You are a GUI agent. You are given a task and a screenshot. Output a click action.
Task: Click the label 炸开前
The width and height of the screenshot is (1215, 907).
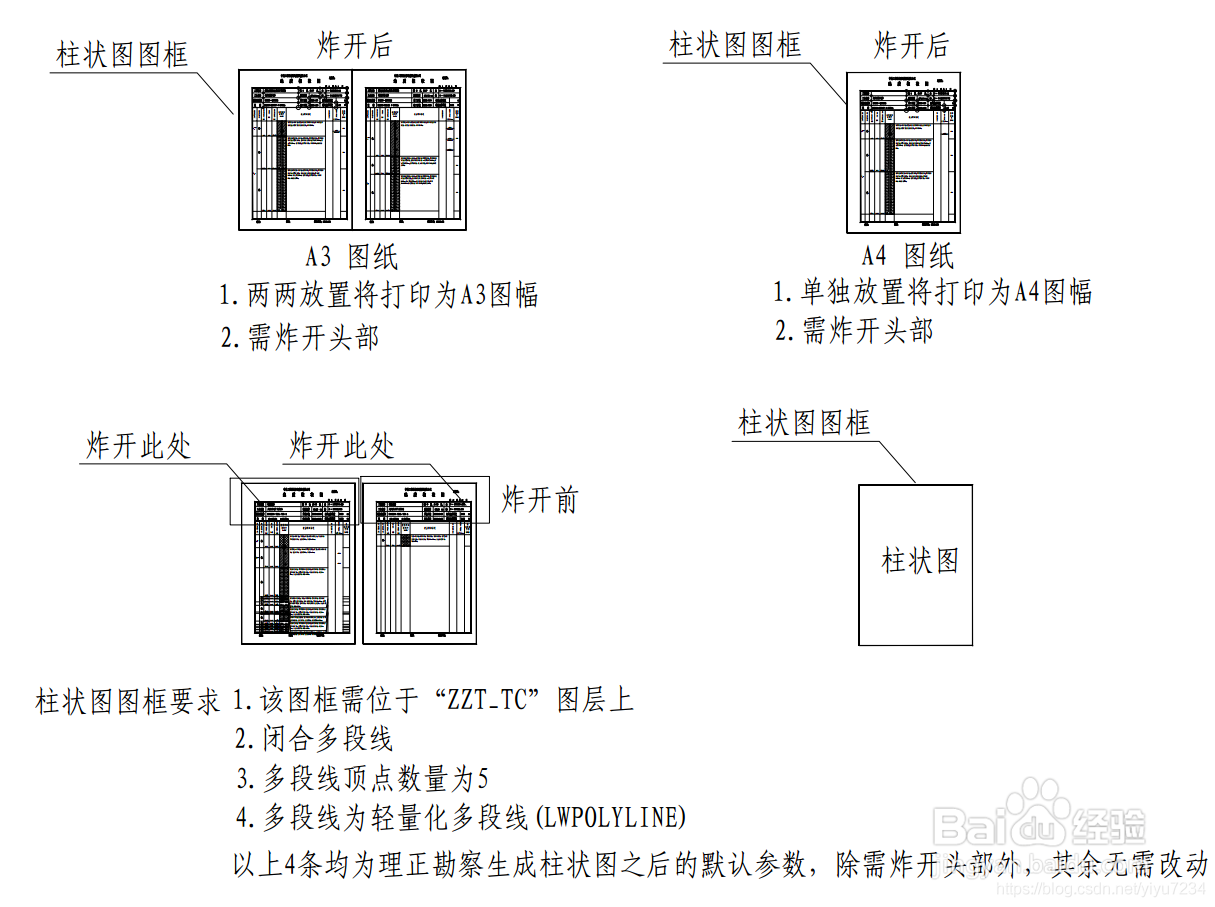pos(540,499)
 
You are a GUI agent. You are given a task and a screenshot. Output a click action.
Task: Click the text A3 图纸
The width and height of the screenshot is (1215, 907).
pos(352,257)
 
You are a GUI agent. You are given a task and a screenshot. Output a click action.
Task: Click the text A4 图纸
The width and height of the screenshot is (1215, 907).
pos(908,255)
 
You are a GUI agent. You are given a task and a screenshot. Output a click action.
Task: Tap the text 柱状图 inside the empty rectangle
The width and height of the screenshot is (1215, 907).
pos(920,560)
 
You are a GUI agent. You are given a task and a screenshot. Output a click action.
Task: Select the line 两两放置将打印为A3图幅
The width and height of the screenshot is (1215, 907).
pos(380,295)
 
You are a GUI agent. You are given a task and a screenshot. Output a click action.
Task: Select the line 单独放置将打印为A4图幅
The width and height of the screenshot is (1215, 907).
pos(934,292)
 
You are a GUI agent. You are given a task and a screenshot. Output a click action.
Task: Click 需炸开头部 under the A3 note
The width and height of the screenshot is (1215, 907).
pos(301,337)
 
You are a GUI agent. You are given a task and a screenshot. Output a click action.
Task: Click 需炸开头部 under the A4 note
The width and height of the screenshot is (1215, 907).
pos(855,331)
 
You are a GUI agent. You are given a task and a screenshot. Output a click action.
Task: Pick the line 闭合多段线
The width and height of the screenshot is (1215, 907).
pos(315,739)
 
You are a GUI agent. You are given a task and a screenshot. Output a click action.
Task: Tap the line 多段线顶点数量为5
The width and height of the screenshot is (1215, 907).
pos(363,778)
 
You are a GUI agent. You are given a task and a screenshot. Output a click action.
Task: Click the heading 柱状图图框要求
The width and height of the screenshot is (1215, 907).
pos(128,701)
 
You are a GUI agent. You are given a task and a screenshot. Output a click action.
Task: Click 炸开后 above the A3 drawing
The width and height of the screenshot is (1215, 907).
pos(354,46)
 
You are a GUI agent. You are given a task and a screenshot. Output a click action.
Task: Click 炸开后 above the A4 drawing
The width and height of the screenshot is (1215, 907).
pos(910,45)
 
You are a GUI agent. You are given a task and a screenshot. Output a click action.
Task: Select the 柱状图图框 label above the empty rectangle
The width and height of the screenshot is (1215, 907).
pos(804,423)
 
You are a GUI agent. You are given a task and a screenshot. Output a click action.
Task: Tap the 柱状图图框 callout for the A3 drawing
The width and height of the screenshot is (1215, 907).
pos(122,54)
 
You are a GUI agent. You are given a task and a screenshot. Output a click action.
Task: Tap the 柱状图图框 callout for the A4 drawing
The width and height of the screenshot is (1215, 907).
pos(735,45)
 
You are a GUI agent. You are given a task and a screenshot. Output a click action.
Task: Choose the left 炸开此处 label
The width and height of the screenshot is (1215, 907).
pos(138,446)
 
